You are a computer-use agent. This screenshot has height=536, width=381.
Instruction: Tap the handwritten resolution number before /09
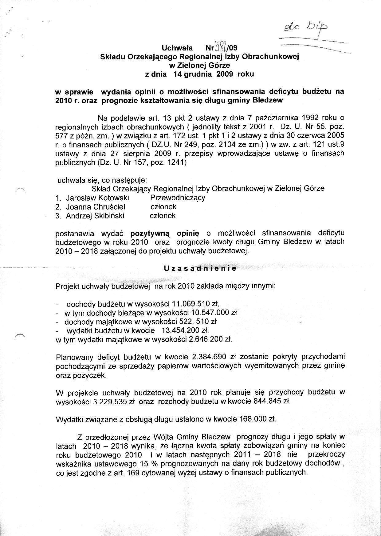(221, 48)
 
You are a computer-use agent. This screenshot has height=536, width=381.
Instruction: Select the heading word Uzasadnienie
(200, 268)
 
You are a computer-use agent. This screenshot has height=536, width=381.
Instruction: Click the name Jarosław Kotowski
(97, 198)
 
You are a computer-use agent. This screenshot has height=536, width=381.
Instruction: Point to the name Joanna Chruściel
(95, 207)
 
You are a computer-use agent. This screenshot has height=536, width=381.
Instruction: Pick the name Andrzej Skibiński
(95, 216)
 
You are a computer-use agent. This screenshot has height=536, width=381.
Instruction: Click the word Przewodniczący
(178, 198)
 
